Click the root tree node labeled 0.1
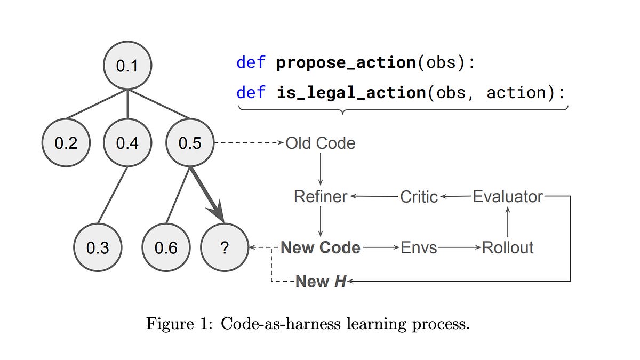click(127, 66)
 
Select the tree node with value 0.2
click(66, 143)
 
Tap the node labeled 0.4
click(127, 143)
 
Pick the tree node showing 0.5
click(190, 143)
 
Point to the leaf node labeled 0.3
click(97, 248)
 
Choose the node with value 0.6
click(166, 248)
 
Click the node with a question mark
click(224, 248)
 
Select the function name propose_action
click(346, 62)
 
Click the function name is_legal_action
click(351, 93)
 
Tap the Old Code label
click(320, 143)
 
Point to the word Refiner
click(321, 197)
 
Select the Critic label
click(419, 197)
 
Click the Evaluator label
click(507, 197)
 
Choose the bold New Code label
click(320, 248)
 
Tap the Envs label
click(419, 248)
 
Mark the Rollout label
click(507, 248)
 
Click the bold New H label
click(321, 282)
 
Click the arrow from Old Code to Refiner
click(321, 170)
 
